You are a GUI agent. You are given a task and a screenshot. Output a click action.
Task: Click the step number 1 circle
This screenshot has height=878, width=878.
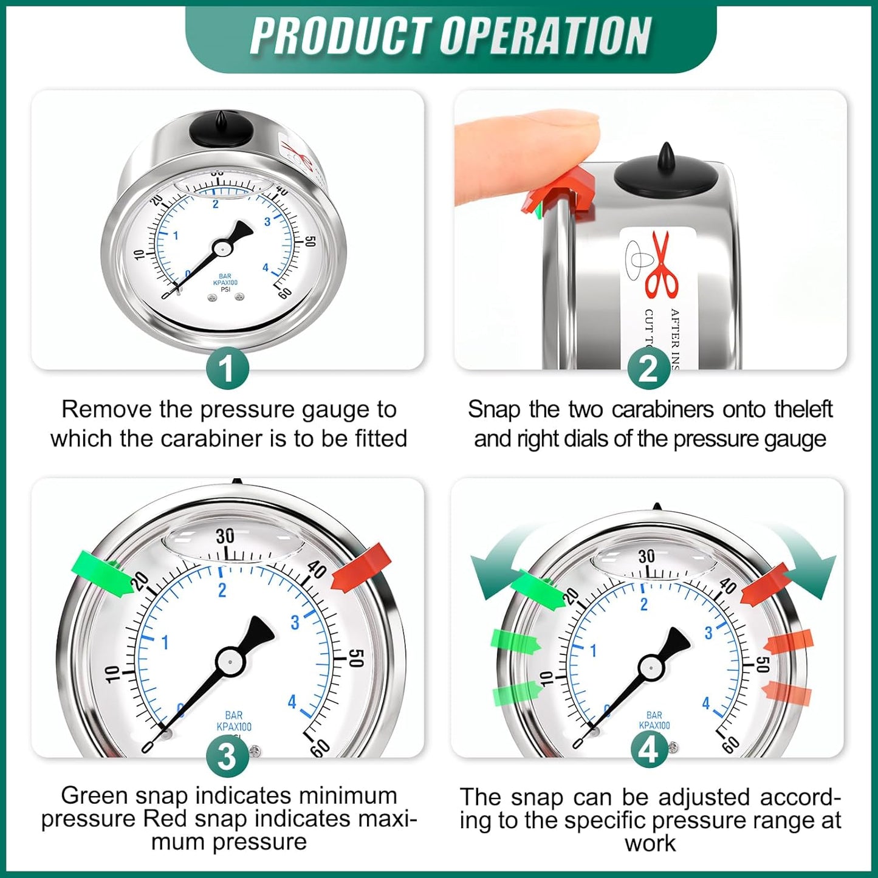227,369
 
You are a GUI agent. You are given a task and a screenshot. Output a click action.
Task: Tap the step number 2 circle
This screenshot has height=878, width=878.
648,369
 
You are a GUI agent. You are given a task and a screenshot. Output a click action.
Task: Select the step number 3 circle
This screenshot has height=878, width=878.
227,757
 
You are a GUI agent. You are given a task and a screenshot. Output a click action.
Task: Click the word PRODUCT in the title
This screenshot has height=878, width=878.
340,36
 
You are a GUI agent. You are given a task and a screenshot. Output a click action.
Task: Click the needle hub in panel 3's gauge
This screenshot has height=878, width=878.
230,660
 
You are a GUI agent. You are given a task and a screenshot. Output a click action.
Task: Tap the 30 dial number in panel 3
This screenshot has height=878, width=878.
225,536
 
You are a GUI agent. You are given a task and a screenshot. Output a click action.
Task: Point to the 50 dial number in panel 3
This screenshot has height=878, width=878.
357,657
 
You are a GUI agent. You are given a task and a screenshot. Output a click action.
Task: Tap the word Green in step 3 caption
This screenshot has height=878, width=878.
94,795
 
